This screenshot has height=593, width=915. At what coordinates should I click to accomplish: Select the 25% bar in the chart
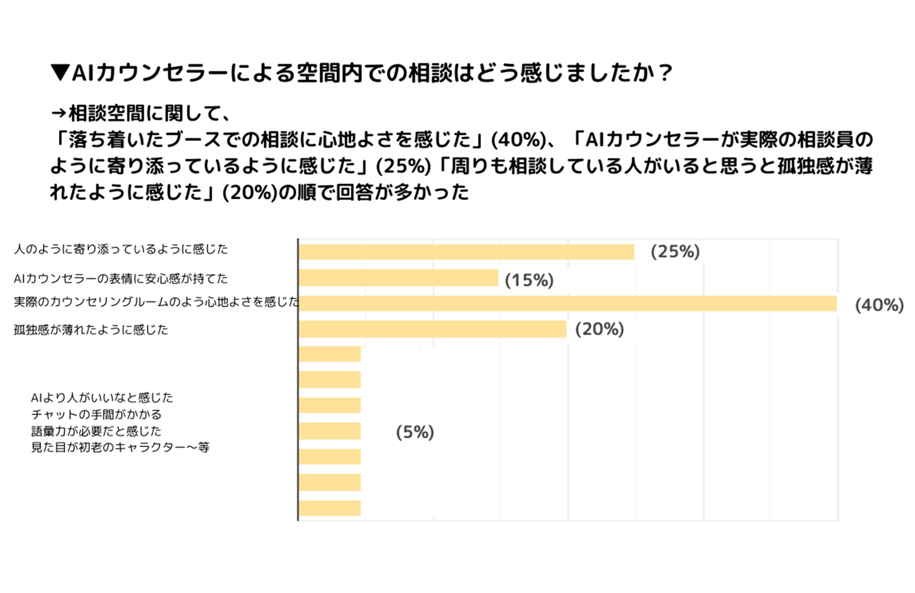pyautogui.click(x=466, y=252)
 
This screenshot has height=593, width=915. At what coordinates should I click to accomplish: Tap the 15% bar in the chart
pyautogui.click(x=398, y=278)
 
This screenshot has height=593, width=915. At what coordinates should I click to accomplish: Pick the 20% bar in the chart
pyautogui.click(x=432, y=329)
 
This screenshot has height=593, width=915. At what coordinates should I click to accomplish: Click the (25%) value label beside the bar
pyautogui.click(x=675, y=252)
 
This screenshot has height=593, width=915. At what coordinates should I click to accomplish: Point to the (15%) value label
pyautogui.click(x=529, y=280)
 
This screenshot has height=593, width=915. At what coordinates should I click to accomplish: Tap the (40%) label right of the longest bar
pyautogui.click(x=879, y=305)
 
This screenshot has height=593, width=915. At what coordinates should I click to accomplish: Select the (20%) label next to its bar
pyautogui.click(x=599, y=329)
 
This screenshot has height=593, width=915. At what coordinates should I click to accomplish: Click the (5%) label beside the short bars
pyautogui.click(x=415, y=432)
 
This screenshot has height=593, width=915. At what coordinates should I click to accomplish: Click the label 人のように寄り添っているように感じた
pyautogui.click(x=121, y=249)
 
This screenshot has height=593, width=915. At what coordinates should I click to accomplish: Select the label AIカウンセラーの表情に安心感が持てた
pyautogui.click(x=121, y=279)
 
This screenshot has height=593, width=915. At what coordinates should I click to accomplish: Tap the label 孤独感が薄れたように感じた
pyautogui.click(x=91, y=330)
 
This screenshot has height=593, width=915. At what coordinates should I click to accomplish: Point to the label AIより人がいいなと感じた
pyautogui.click(x=102, y=397)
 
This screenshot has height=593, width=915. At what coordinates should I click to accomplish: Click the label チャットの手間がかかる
pyautogui.click(x=96, y=414)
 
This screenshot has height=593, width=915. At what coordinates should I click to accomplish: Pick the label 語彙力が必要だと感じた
pyautogui.click(x=96, y=431)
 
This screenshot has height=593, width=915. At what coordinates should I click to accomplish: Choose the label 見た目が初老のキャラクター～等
pyautogui.click(x=120, y=447)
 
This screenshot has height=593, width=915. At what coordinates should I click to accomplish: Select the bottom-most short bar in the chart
pyautogui.click(x=329, y=508)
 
